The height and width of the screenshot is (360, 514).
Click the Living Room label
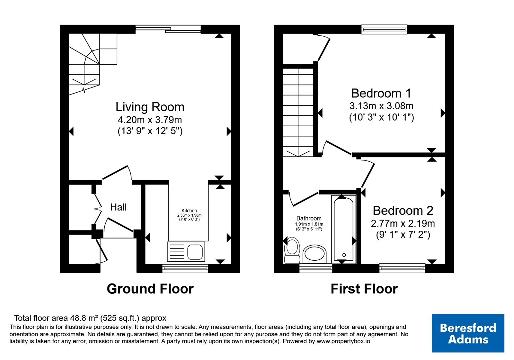(x=150, y=107)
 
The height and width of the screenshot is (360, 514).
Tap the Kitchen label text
(x=189, y=211)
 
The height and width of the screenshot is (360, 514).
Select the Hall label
(x=118, y=207)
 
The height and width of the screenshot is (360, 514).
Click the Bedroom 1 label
(x=381, y=93)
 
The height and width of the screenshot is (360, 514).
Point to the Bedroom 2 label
(x=403, y=211)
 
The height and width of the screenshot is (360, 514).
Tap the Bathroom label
(x=309, y=218)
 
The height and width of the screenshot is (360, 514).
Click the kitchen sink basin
(x=195, y=252)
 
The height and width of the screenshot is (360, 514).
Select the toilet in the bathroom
(x=292, y=250)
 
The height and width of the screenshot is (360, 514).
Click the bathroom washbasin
(x=315, y=254)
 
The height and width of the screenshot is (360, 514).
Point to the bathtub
(x=343, y=229)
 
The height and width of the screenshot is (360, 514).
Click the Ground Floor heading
(x=150, y=289)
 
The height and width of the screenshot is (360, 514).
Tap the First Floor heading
(x=364, y=289)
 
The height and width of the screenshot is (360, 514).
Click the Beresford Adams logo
(x=468, y=333)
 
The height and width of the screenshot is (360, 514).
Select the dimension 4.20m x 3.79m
(x=150, y=120)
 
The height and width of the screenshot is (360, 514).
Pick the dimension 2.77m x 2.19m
(x=403, y=223)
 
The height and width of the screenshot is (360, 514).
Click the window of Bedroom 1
(x=384, y=29)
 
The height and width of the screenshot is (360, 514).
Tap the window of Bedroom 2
(x=402, y=268)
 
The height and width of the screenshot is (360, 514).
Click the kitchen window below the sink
(x=185, y=268)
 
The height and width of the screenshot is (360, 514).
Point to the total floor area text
(x=90, y=318)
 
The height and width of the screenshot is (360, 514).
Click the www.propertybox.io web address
(x=343, y=341)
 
